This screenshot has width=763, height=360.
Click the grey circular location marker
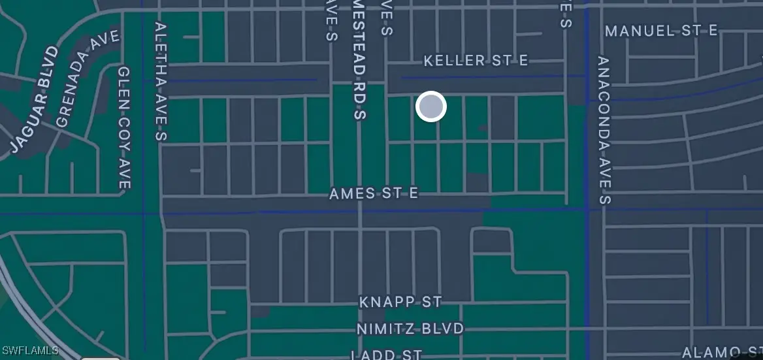coord(430,106)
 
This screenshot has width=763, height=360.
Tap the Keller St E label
coord(476,61)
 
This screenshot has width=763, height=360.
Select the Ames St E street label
coord(373,193)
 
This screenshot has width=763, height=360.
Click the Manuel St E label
coord(661,31)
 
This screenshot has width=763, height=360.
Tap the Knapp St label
coord(400,302)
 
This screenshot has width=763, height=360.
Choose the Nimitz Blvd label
coord(410,328)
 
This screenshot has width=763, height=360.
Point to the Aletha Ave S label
coord(161,81)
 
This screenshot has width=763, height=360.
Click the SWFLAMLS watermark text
coord(30,351)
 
